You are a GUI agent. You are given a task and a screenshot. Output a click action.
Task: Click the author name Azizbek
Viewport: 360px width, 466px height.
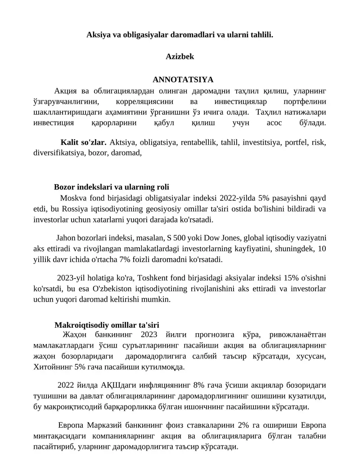click(x=180, y=57)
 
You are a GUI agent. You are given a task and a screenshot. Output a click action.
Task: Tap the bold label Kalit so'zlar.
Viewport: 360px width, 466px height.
click(x=83, y=143)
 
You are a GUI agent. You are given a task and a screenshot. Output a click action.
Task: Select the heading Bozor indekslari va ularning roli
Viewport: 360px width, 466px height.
click(x=111, y=187)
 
